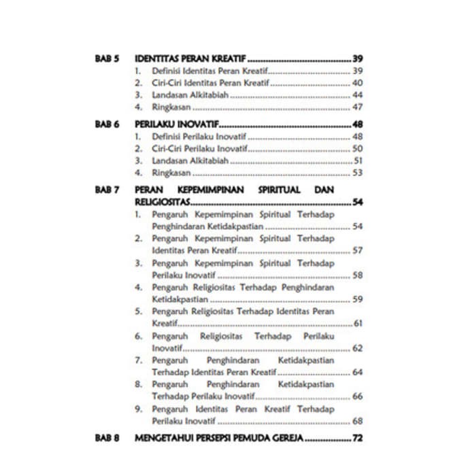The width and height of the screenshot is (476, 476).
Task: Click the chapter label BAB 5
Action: [107, 59]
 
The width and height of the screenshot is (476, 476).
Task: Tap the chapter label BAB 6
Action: [107, 124]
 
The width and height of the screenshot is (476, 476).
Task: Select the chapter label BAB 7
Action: [107, 190]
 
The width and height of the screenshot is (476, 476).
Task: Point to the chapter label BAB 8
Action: [107, 438]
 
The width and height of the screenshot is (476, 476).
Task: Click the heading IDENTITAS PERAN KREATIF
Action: [190, 59]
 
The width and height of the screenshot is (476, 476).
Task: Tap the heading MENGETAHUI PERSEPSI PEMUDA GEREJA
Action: [218, 438]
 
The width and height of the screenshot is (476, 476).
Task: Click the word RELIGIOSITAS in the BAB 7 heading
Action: [162, 202]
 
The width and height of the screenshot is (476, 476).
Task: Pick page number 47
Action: [358, 107]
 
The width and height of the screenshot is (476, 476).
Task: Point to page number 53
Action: [358, 173]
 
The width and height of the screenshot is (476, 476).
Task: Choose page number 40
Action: [358, 83]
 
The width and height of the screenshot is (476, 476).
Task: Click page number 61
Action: [358, 323]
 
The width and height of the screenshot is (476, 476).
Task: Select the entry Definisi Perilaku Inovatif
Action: [199, 137]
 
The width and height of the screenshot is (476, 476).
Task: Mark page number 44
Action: [358, 95]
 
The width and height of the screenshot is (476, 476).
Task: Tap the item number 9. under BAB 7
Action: [138, 409]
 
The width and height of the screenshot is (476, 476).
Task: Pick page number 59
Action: [358, 299]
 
